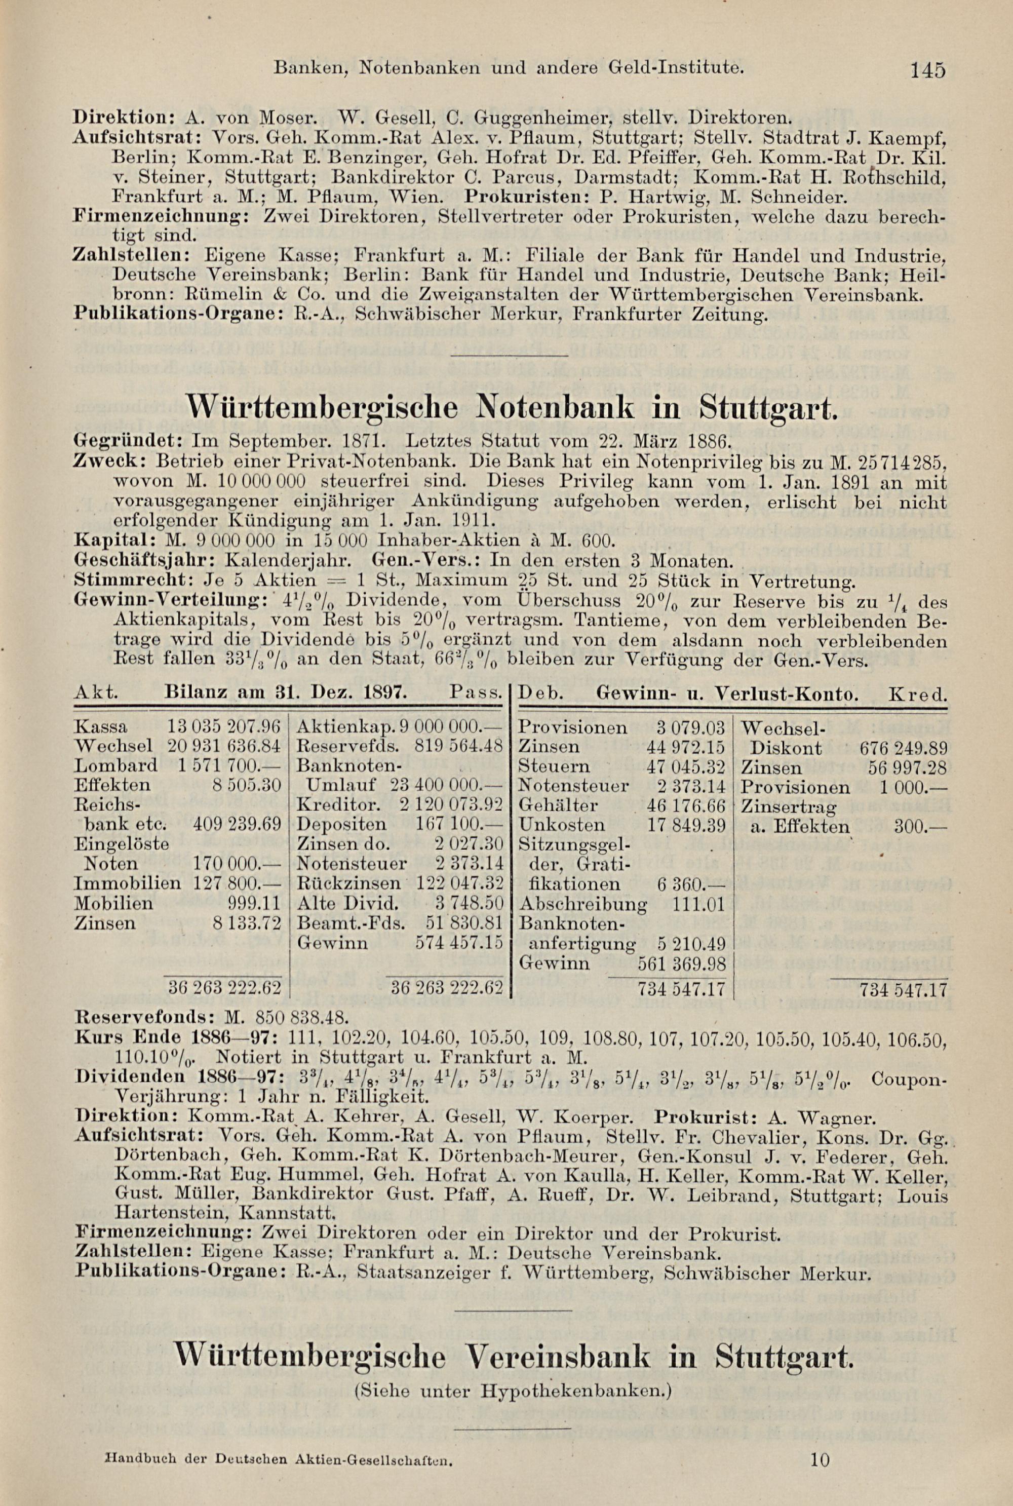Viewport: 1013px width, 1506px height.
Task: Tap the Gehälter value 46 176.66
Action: [x=686, y=805]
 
